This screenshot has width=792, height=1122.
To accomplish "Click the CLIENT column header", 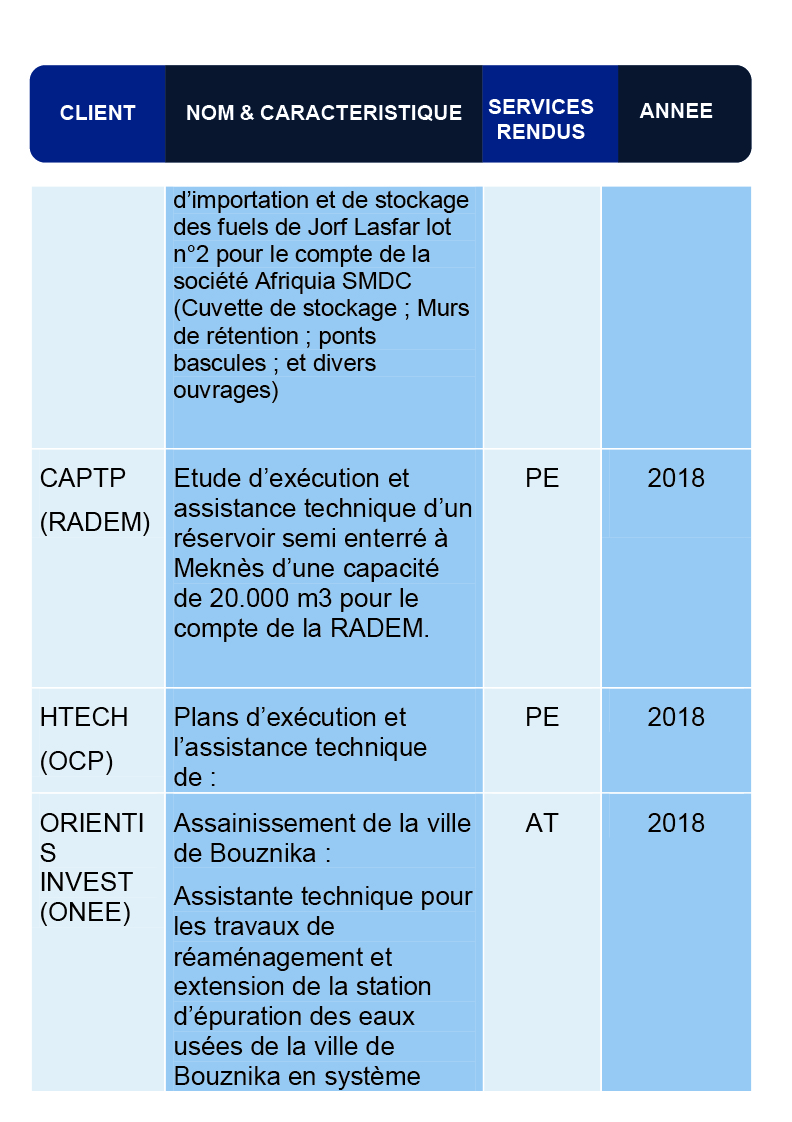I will (x=97, y=113).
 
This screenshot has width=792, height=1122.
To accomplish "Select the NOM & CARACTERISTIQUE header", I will (x=324, y=113).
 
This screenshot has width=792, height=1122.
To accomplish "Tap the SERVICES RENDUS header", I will (x=541, y=119).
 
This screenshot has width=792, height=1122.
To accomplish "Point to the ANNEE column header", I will (x=676, y=111).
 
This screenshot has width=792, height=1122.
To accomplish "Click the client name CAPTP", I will (x=83, y=479).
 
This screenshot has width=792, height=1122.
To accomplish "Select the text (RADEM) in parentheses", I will (x=95, y=523).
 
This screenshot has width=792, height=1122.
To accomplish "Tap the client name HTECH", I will (x=84, y=718).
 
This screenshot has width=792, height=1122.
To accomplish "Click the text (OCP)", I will (x=76, y=762).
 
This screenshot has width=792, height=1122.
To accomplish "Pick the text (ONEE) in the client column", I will (x=85, y=912).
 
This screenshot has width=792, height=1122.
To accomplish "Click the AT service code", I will (x=542, y=824).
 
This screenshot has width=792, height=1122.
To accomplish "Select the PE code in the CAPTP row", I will (x=542, y=479).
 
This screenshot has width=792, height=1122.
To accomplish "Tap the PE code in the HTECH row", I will (x=542, y=718).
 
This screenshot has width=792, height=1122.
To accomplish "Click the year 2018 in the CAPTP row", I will (x=676, y=479).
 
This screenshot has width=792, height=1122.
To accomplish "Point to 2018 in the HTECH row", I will (x=676, y=718).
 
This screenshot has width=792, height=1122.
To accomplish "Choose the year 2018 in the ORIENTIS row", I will (x=676, y=824).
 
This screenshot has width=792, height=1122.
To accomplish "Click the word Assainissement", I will (x=266, y=824).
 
